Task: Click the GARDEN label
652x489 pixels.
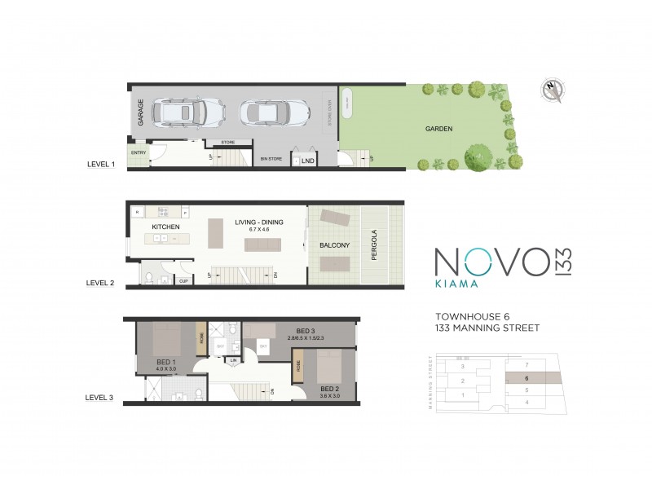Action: point(438,129)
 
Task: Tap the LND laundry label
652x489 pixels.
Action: point(308,161)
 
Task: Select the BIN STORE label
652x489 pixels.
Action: point(269,159)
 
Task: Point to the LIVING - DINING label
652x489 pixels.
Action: point(260,222)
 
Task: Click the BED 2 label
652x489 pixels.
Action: point(330,388)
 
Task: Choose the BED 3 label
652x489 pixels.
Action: point(295,330)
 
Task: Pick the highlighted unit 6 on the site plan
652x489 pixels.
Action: point(528,378)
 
